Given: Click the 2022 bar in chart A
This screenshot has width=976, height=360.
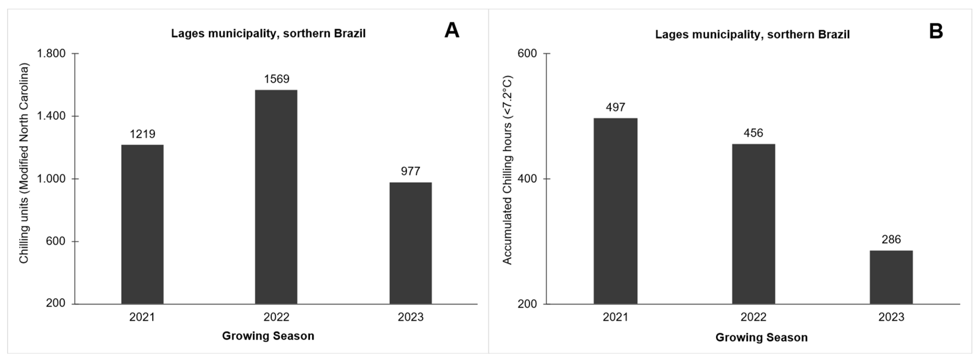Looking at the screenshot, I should click(276, 197).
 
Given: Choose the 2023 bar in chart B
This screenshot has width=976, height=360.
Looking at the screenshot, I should click(891, 277).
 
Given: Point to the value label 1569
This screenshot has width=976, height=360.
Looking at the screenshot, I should click(277, 79).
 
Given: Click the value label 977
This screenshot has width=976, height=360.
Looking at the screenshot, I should click(410, 171).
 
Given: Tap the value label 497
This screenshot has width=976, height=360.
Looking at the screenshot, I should click(615, 107).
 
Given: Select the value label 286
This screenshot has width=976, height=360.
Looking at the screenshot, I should click(891, 239).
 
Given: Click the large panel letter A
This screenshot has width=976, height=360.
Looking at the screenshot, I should click(452, 30).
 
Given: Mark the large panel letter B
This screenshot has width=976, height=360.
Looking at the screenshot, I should click(936, 31).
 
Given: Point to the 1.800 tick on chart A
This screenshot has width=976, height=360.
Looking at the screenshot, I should click(51, 53).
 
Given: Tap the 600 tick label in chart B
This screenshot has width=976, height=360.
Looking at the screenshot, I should click(527, 53).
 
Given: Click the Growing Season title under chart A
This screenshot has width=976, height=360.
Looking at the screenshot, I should click(268, 336).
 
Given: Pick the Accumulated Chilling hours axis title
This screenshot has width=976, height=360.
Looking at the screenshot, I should click(507, 170).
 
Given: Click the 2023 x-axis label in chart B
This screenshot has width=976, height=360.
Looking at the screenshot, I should click(891, 317).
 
